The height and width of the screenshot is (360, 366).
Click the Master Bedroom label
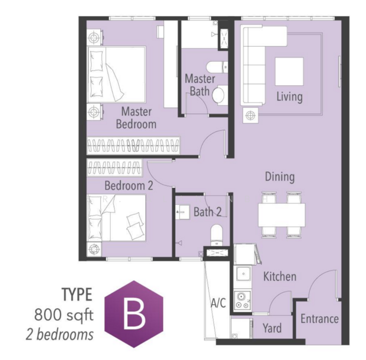136,118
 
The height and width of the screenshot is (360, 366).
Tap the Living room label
289,97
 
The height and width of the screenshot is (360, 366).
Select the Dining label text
280,177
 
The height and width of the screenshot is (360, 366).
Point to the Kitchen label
280,277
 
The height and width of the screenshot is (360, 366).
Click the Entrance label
320,319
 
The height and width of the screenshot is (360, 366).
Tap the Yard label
272,328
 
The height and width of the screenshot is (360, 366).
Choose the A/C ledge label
218,303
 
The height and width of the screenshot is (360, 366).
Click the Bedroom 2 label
128,185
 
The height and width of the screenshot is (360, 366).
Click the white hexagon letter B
134,313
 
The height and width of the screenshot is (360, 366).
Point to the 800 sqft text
64,315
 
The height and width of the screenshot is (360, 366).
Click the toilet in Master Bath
220,95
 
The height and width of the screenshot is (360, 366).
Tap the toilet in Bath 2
217,235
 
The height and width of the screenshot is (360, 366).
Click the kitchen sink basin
244,274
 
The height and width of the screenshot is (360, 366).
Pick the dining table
281,215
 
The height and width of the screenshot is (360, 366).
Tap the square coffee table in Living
289,71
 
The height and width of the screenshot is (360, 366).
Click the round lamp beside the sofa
250,115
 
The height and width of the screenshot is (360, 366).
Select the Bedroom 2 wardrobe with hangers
115,167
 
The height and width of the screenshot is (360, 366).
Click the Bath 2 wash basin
182,212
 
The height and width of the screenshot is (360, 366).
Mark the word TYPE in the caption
77,295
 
